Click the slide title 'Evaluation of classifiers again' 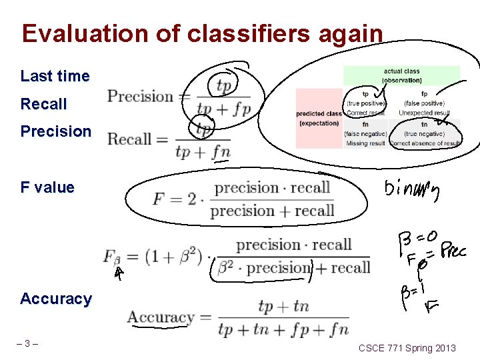click(x=202, y=33)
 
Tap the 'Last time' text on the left click(x=55, y=76)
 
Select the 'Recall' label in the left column click(x=44, y=104)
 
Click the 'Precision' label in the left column click(x=56, y=131)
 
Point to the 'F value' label click(x=47, y=187)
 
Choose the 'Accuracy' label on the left click(x=56, y=299)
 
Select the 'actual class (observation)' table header click(x=401, y=76)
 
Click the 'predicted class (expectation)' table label click(x=319, y=118)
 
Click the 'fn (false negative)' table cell click(x=365, y=133)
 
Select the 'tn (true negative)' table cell click(x=424, y=133)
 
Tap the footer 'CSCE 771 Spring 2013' click(x=407, y=348)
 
